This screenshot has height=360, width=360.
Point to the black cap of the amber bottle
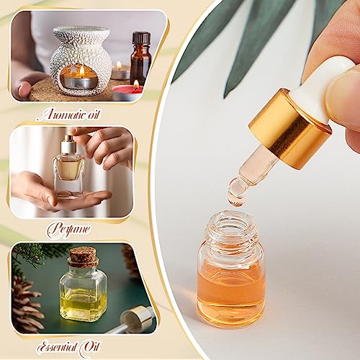coord(140,38)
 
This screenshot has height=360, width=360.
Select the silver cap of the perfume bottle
coord(68,146)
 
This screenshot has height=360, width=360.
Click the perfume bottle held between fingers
coord(69,169)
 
